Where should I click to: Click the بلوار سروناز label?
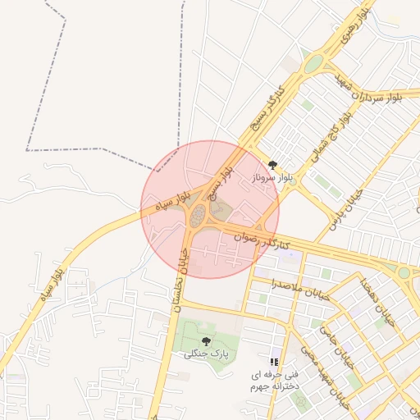272,177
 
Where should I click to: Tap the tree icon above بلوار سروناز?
272,165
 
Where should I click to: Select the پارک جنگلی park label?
205,354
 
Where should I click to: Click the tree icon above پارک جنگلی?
205,340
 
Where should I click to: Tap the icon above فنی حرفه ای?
274,361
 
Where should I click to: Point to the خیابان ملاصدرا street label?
300,289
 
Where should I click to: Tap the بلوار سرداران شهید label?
370,94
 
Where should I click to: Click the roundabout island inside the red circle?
198,217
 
